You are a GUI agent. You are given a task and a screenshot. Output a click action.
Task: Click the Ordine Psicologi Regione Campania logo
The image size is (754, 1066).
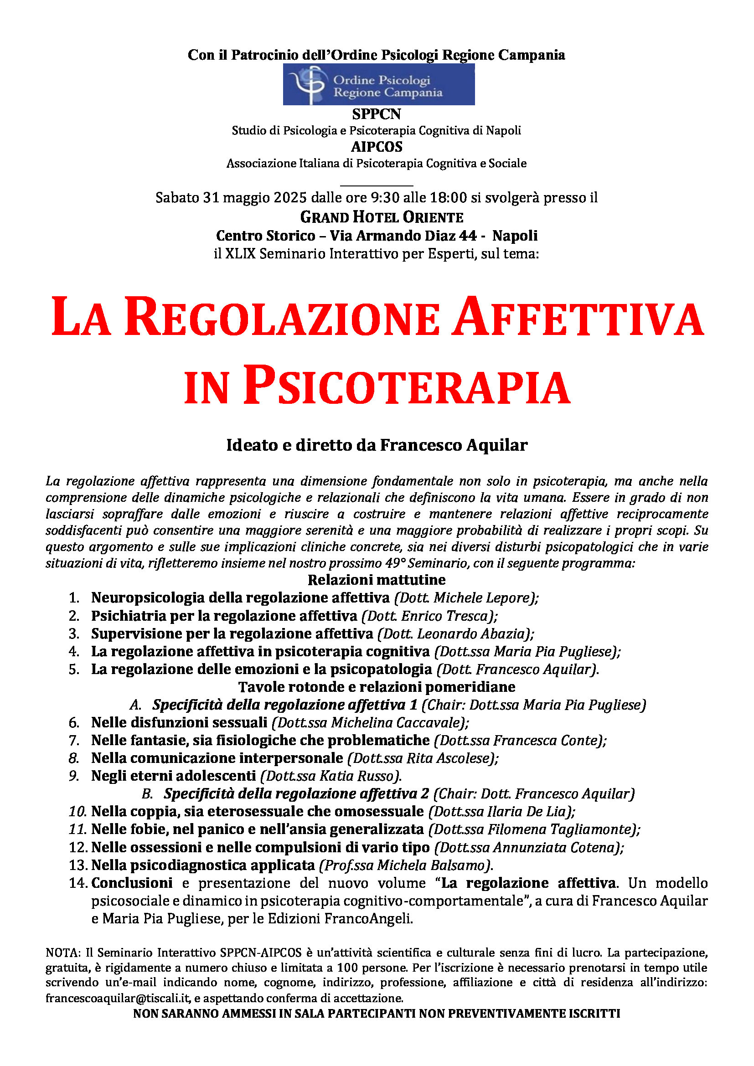pos(378,84)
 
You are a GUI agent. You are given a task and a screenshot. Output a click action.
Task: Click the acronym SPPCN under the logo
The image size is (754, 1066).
pos(376,114)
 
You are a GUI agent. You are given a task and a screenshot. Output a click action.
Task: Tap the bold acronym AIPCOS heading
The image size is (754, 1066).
pos(377,147)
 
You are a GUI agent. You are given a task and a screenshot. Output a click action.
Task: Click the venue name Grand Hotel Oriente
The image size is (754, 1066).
pos(382,217)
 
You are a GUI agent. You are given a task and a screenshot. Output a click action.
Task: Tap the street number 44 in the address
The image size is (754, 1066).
pos(468,236)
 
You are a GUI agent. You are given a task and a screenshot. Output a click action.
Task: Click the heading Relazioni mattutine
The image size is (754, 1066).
pos(377,580)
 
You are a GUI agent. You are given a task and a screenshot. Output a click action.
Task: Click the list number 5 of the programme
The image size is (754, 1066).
pos(74,669)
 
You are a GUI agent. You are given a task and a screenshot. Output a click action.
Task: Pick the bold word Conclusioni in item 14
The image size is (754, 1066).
pos(132,883)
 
